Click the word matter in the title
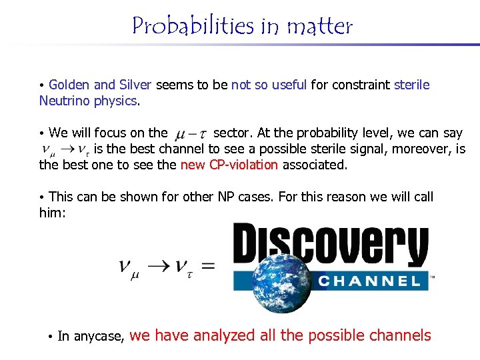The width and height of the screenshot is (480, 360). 319,27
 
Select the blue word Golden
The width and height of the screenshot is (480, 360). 69,85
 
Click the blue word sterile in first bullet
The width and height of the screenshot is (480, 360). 412,85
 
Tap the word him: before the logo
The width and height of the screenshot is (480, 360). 53,213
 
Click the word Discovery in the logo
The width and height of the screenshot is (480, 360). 329,245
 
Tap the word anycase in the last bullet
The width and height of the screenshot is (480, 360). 99,337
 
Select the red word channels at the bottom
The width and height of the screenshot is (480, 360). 401,335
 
